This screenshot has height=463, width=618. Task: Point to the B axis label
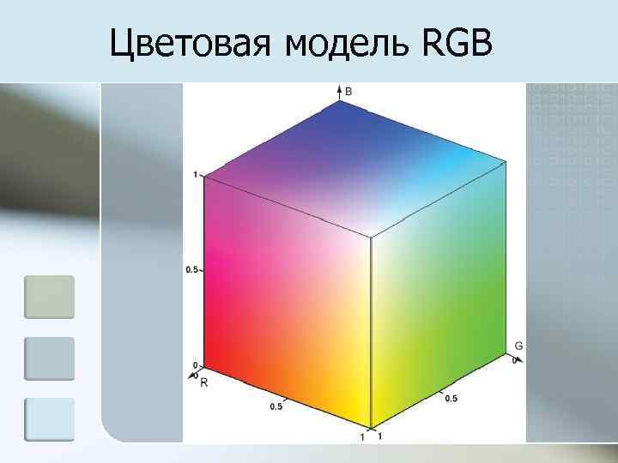click(x=348, y=90)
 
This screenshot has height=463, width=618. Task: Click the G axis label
click(x=518, y=346)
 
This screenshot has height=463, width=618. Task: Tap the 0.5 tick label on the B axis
click(x=191, y=270)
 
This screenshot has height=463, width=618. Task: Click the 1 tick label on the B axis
click(x=196, y=175)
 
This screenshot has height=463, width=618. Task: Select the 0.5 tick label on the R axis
click(x=276, y=406)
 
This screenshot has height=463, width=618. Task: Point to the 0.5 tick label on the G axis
click(x=451, y=399)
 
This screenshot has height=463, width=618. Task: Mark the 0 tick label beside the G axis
click(x=514, y=361)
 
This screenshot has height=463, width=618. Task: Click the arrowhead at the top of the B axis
click(x=338, y=89)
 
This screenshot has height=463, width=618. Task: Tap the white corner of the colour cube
click(x=370, y=237)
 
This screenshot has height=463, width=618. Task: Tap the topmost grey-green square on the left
click(x=49, y=297)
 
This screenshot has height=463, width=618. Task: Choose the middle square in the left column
click(x=49, y=358)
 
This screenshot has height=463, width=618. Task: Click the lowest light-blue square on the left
click(x=49, y=420)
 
